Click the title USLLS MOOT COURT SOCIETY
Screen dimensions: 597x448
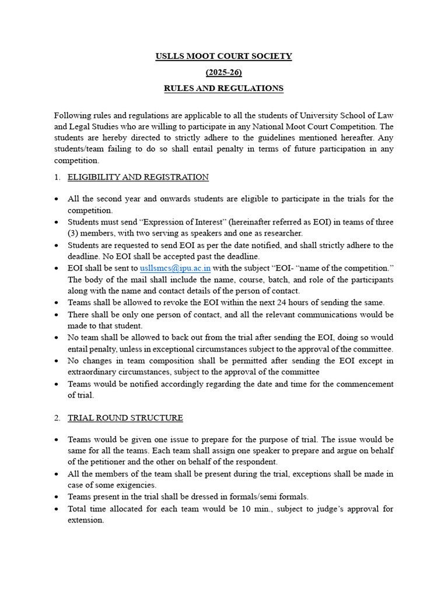click(x=223, y=57)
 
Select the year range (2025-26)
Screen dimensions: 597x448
click(x=223, y=72)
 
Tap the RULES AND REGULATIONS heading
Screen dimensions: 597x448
click(x=223, y=89)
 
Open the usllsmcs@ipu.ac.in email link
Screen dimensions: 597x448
click(x=176, y=268)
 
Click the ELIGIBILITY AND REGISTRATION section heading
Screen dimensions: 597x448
click(x=138, y=177)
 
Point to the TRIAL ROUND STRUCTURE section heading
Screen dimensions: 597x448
click(x=125, y=418)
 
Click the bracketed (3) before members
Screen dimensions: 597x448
click(x=73, y=233)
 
